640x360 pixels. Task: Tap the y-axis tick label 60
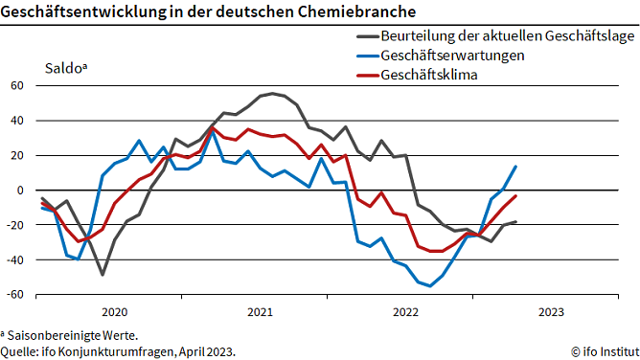click(15, 85)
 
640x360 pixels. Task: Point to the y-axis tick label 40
click(15, 121)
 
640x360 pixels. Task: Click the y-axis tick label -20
click(13, 225)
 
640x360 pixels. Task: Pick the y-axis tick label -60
click(13, 295)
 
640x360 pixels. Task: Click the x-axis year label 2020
click(114, 312)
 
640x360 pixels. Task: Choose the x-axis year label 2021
click(260, 312)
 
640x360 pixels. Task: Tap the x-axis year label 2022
click(405, 312)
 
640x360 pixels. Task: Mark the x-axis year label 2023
click(551, 312)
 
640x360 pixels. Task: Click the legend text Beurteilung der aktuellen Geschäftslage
click(508, 36)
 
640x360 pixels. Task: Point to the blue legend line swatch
click(367, 56)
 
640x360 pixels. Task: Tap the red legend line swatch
click(367, 75)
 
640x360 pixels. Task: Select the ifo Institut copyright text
click(601, 351)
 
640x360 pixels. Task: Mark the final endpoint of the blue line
click(516, 167)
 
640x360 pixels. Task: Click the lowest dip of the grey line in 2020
click(103, 275)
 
